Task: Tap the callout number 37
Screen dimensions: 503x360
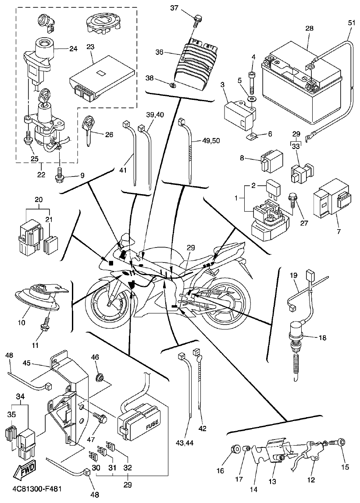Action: coord(175,8)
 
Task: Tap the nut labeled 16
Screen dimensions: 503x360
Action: coord(234,449)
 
